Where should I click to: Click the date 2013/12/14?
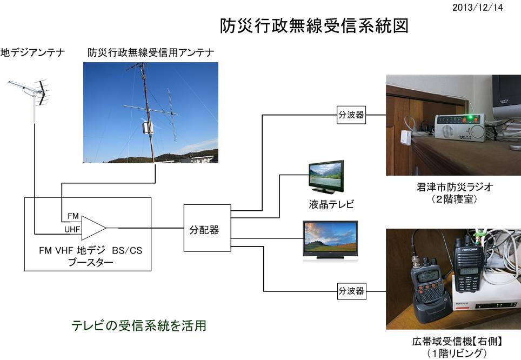pyautogui.click(x=478, y=8)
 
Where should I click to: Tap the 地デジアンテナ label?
pyautogui.click(x=32, y=52)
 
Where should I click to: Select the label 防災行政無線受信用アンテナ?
pyautogui.click(x=151, y=52)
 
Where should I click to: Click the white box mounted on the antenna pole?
pyautogui.click(x=147, y=128)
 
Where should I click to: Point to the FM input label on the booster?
pyautogui.click(x=72, y=216)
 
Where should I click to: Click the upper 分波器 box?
pyautogui.click(x=351, y=116)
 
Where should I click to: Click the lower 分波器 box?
pyautogui.click(x=351, y=291)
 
